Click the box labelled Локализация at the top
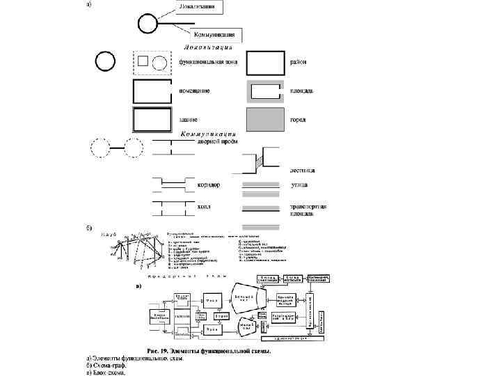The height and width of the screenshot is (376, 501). [198, 8]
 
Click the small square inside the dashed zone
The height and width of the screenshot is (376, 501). [143, 61]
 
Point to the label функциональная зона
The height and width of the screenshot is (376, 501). [208, 62]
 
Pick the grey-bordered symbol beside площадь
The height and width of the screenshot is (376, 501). [265, 91]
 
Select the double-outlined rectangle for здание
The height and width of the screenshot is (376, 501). [151, 119]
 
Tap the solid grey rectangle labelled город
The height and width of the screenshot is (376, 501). [265, 119]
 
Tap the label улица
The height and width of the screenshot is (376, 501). [300, 185]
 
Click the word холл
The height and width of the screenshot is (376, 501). [204, 207]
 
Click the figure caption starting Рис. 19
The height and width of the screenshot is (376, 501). [208, 351]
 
